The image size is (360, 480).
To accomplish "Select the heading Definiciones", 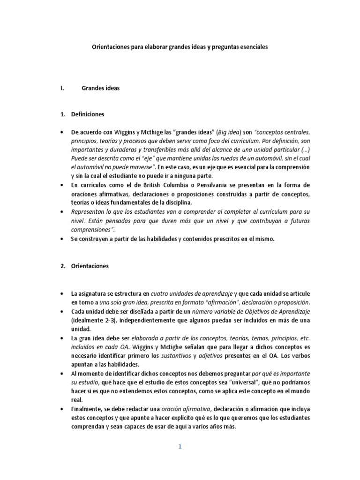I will point(88,114).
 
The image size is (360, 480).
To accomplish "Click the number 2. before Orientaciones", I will point(63,266).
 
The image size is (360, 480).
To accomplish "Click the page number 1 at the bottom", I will point(180,447).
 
